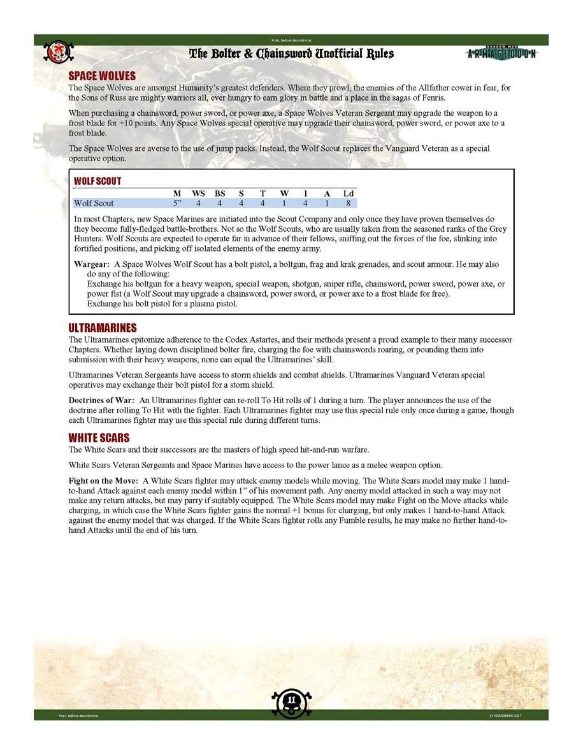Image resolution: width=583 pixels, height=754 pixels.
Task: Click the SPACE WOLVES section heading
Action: (x=102, y=76)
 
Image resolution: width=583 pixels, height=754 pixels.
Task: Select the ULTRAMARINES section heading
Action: (x=103, y=328)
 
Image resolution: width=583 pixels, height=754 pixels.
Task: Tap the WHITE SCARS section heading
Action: (x=99, y=437)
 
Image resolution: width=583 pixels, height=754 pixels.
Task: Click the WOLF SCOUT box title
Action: (x=97, y=181)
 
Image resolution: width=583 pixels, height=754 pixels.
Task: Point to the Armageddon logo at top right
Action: (x=501, y=53)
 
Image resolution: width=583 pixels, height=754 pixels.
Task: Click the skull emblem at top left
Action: (x=58, y=53)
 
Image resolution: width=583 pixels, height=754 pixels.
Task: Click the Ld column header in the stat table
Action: (x=349, y=194)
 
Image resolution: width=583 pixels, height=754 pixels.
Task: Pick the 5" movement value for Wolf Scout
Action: (x=178, y=204)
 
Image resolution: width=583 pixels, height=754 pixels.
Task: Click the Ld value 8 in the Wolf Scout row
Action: (x=348, y=204)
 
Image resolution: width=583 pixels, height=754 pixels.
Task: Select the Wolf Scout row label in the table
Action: (x=94, y=204)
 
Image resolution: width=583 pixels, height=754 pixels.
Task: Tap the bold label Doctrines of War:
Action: (x=101, y=400)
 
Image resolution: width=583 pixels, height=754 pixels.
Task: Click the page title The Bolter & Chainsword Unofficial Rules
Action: (x=291, y=53)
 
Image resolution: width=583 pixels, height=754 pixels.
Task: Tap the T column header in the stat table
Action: (x=263, y=194)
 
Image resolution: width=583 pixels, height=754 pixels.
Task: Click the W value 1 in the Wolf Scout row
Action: (x=284, y=204)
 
